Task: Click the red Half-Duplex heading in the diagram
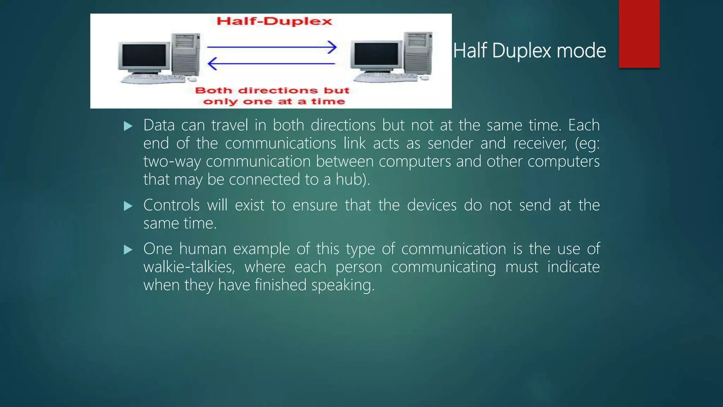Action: pyautogui.click(x=274, y=21)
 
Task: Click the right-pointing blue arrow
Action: pyautogui.click(x=271, y=47)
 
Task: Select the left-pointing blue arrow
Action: pyautogui.click(x=271, y=64)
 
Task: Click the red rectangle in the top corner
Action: pyautogui.click(x=639, y=34)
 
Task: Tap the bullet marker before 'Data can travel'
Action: pyautogui.click(x=128, y=126)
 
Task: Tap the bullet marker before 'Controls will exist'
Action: pyautogui.click(x=128, y=206)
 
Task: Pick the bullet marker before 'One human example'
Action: pyautogui.click(x=128, y=250)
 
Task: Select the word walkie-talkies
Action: pyautogui.click(x=189, y=267)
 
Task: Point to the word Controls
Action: pyautogui.click(x=171, y=205)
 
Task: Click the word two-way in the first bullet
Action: pyautogui.click(x=172, y=162)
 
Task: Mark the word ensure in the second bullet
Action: pyautogui.click(x=315, y=205)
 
